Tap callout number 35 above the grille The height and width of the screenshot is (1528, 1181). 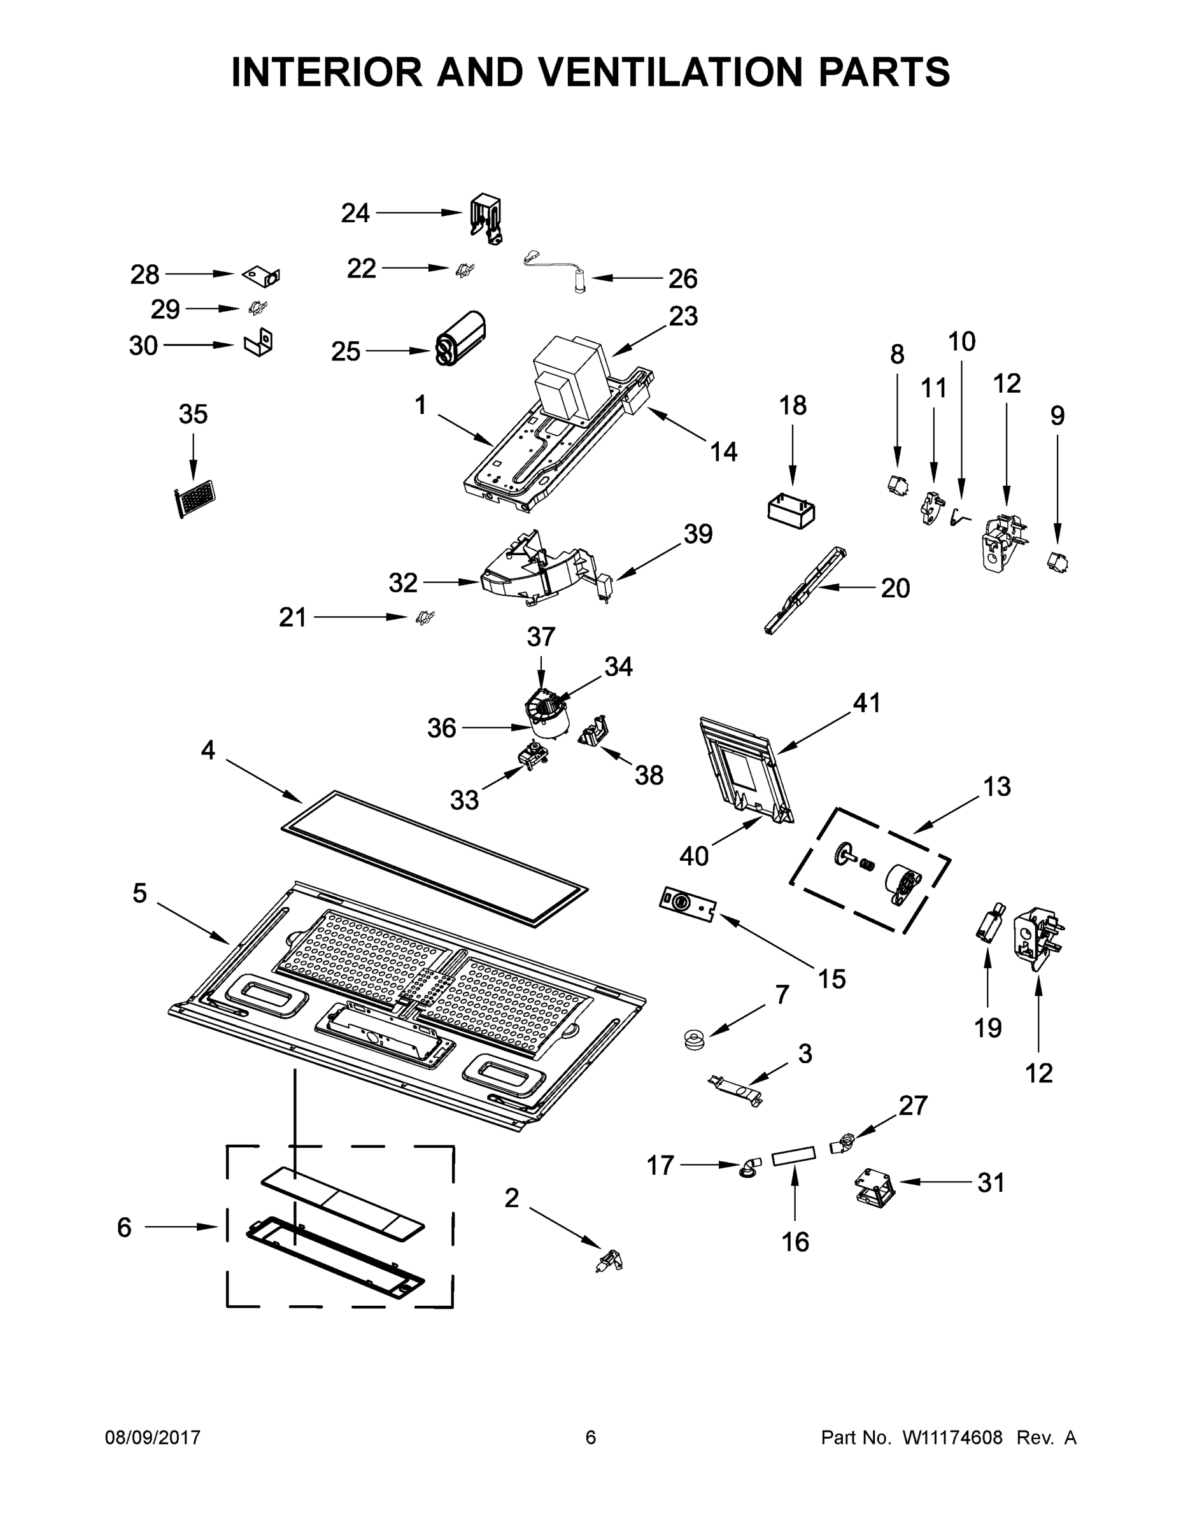[x=193, y=414]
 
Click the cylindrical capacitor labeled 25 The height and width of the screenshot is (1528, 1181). [x=462, y=339]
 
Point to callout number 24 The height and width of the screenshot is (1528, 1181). [x=355, y=213]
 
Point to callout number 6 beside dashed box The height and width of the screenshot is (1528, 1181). [x=124, y=1227]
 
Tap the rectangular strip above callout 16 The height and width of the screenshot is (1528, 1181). [x=794, y=1155]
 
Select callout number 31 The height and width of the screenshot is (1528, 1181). [x=991, y=1182]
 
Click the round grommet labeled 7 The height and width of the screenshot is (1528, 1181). [x=695, y=1038]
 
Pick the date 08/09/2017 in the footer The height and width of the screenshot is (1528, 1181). [x=153, y=1438]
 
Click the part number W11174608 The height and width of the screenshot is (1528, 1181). [x=952, y=1438]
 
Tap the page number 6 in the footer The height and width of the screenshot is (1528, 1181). [x=591, y=1438]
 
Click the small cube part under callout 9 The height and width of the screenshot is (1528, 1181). [x=1059, y=562]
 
